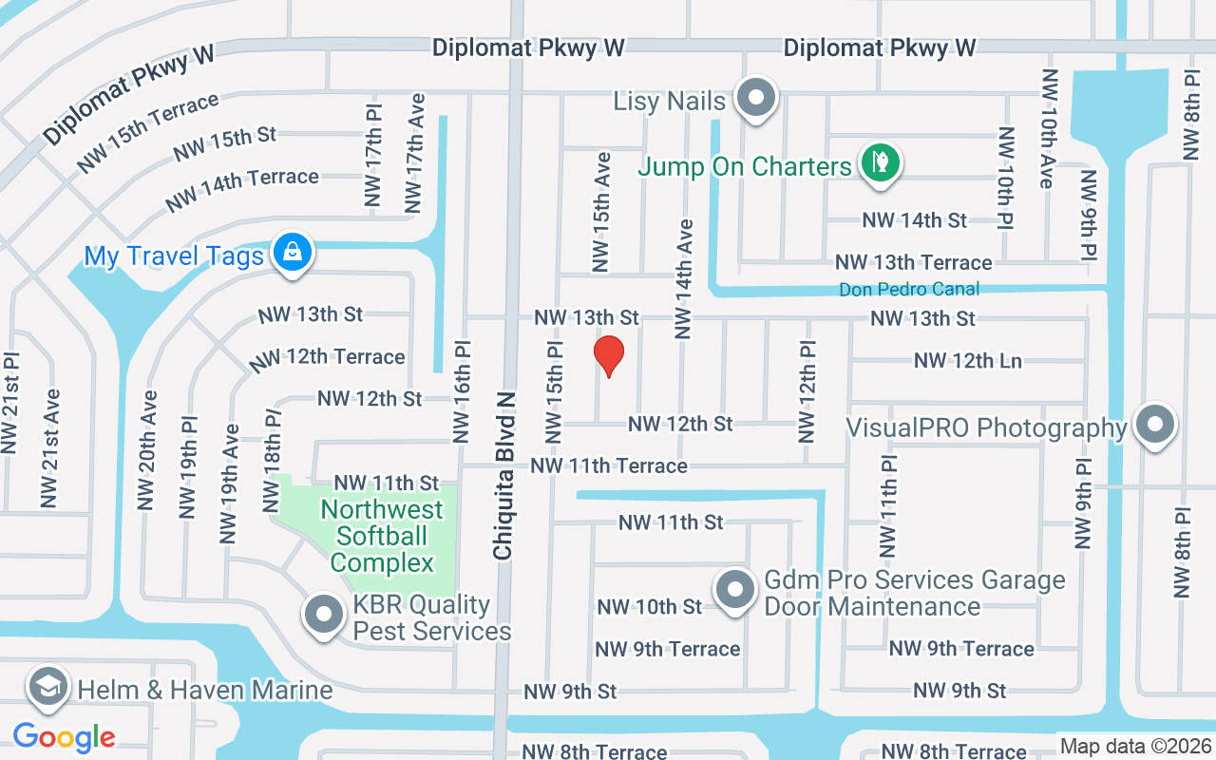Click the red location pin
coord(608,355)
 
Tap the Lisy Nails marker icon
coord(757,99)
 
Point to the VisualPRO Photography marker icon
coord(1155,425)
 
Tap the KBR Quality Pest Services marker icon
coord(324,614)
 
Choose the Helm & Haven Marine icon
coord(47,687)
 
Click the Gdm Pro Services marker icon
coord(734,590)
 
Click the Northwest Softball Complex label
coord(382,536)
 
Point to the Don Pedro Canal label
coord(908,289)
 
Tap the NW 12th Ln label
coord(967,361)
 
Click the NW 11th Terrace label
coord(609,465)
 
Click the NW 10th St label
coord(649,606)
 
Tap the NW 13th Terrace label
coord(913,262)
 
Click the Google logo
coord(64,736)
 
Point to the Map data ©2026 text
coord(1135,747)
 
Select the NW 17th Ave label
coord(414,152)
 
